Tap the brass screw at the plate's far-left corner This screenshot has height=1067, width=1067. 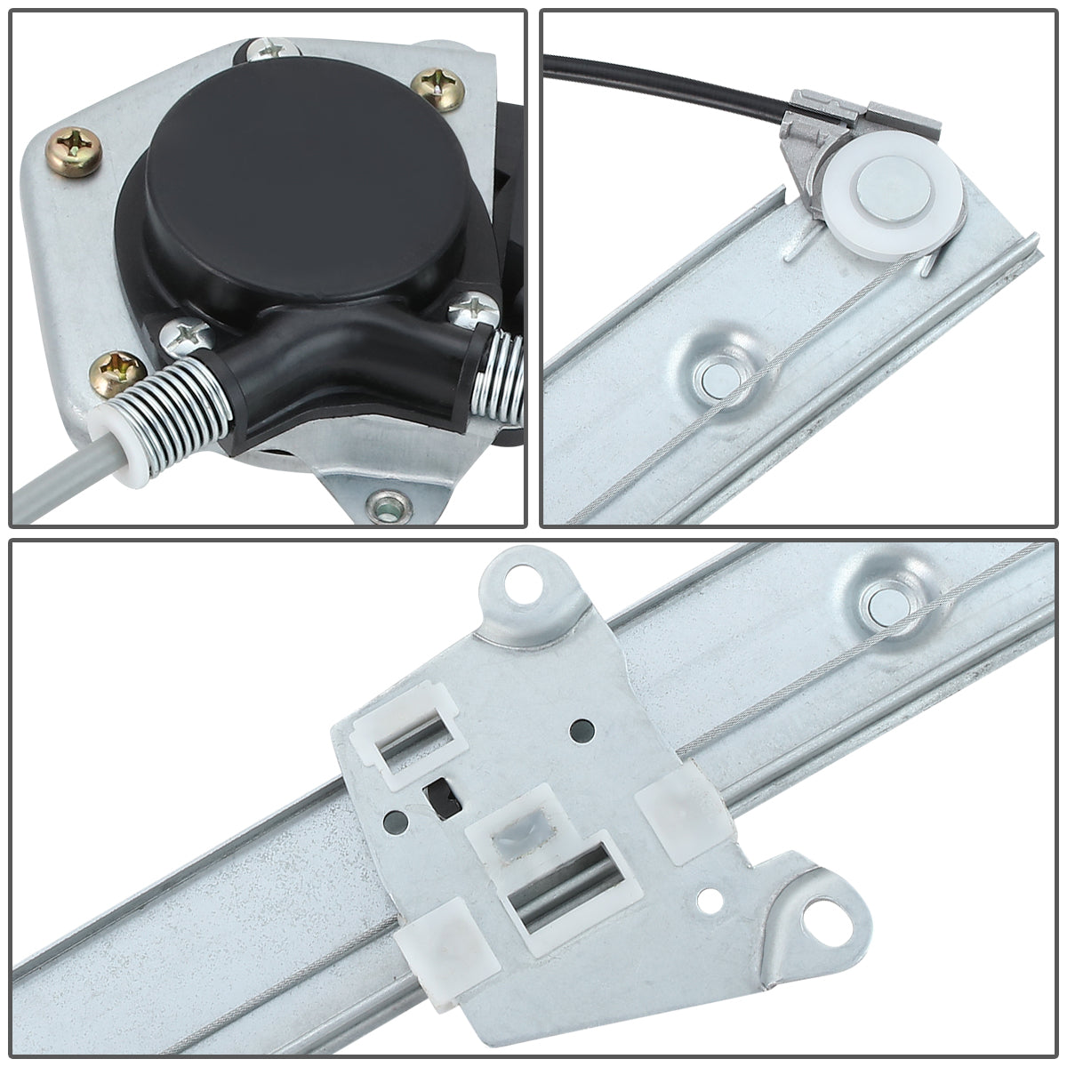70,142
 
